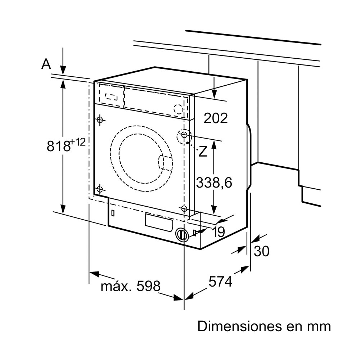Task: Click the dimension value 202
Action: coord(216,118)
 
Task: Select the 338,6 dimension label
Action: coord(214,183)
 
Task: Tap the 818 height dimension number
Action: coord(58,146)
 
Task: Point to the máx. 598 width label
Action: coord(130,287)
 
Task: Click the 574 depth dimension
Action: coord(220,282)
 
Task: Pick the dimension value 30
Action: coord(261,251)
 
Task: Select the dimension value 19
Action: coord(219,231)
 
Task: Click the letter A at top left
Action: coord(46,64)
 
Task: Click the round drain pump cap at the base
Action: coord(182,235)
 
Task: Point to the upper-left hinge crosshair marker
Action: coord(100,120)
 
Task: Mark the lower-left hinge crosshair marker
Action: coord(100,189)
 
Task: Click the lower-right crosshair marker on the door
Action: coord(184,208)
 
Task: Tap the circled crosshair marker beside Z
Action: coord(184,136)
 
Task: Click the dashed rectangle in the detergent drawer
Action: coord(111,96)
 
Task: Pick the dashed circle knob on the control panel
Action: coord(179,109)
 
